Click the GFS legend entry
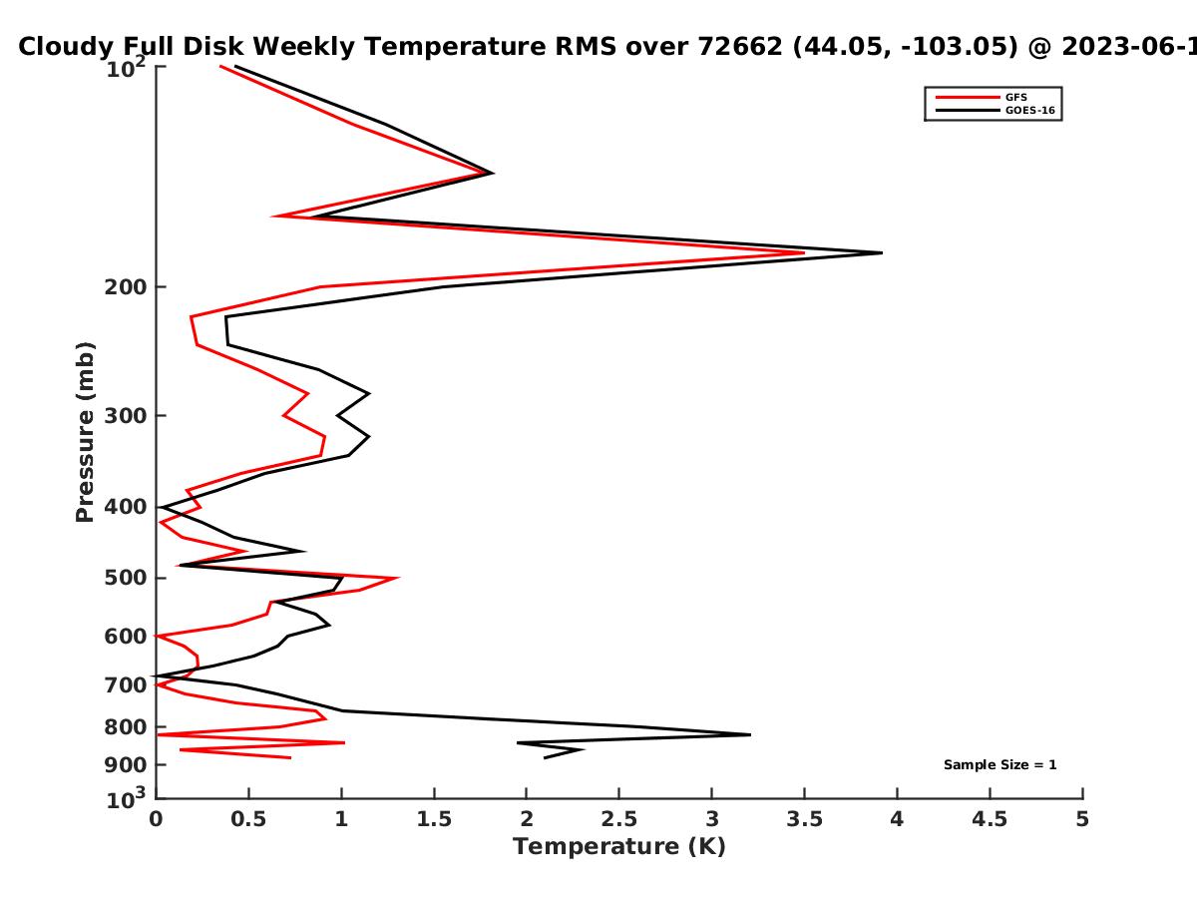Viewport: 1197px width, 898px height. tap(982, 98)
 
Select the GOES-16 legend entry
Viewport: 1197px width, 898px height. tap(996, 110)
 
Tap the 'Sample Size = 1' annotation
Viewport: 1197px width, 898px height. tap(1000, 765)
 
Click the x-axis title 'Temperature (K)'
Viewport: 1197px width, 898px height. tap(619, 847)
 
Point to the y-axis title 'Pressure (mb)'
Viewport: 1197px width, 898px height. tap(85, 432)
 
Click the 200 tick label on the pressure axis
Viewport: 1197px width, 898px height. tap(126, 287)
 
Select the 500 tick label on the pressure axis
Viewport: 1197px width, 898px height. tap(126, 578)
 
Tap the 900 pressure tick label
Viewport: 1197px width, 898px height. tap(126, 765)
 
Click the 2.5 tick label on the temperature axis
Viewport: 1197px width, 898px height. tap(619, 819)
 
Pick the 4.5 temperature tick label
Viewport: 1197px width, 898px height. tap(990, 819)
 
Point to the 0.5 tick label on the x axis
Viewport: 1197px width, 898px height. tap(248, 819)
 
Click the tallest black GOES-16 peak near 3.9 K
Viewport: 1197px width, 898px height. tap(881, 252)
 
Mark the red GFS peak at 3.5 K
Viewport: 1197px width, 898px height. tap(804, 252)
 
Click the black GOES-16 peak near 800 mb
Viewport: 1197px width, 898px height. tap(750, 735)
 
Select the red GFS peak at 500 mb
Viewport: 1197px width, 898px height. tap(398, 578)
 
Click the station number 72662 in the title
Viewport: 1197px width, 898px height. tap(740, 47)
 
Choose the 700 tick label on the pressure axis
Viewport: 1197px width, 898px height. tap(126, 685)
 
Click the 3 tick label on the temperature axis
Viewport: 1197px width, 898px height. tap(711, 819)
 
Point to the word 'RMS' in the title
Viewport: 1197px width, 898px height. tap(586, 47)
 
